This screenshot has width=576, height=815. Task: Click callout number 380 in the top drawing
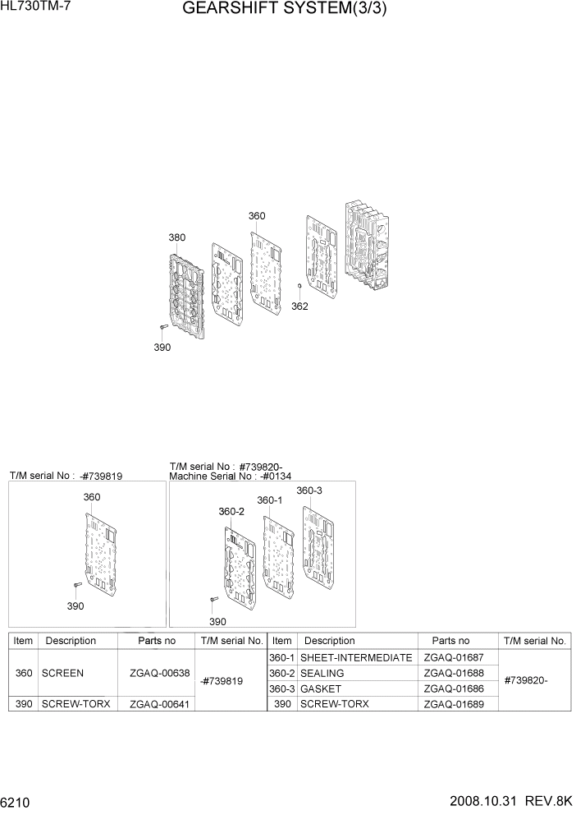pyautogui.click(x=176, y=237)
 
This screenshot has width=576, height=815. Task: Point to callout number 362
pyautogui.click(x=299, y=306)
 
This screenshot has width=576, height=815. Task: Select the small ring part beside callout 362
pyautogui.click(x=300, y=287)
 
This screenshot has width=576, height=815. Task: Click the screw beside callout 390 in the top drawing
pyautogui.click(x=163, y=328)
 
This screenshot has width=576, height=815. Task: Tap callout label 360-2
pyautogui.click(x=231, y=511)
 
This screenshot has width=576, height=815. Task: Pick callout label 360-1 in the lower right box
pyautogui.click(x=269, y=500)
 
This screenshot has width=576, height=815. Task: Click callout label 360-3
pyautogui.click(x=309, y=490)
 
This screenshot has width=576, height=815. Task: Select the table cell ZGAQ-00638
pyautogui.click(x=153, y=673)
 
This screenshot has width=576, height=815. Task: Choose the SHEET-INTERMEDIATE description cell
pyautogui.click(x=355, y=657)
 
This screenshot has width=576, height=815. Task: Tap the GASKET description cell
pyautogui.click(x=321, y=688)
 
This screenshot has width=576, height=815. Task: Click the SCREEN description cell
pyautogui.click(x=62, y=673)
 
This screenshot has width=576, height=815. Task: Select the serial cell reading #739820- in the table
pyautogui.click(x=525, y=680)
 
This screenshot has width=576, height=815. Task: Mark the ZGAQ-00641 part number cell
pyautogui.click(x=153, y=704)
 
